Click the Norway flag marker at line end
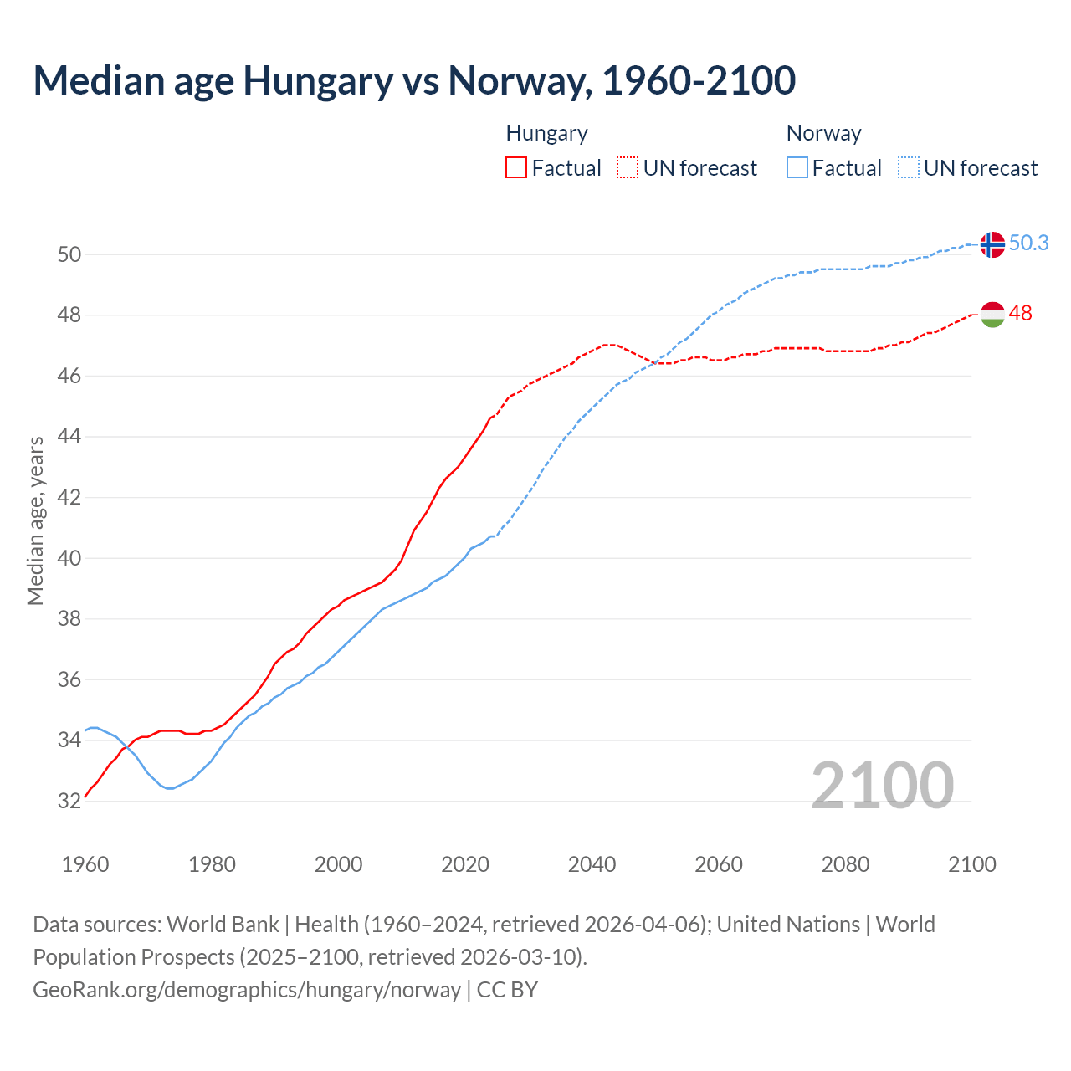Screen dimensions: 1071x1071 coord(992,244)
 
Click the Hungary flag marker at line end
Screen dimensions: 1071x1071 coord(992,315)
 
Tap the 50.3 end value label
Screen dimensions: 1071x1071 coord(1028,243)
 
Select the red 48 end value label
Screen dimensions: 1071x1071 coord(1020,313)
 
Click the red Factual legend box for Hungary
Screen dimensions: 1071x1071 coord(516,168)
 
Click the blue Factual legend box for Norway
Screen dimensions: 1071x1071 coord(797,168)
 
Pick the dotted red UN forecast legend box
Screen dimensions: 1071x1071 coord(628,168)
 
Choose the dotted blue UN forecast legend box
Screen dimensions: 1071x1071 coord(909,168)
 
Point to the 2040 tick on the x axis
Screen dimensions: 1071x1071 coord(592,864)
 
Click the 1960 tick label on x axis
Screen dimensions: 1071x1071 coord(85,864)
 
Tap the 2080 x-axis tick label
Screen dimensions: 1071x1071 coord(845,864)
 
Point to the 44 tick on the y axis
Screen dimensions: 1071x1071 coord(69,437)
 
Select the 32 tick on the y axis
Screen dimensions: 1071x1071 coord(69,801)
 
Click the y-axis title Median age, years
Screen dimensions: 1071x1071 coord(35,520)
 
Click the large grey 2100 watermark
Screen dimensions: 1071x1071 coord(882,785)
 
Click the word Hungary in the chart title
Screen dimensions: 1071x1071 coord(318,80)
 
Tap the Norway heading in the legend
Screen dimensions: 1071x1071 coord(823,133)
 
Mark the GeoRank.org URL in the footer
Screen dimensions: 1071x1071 coord(247,990)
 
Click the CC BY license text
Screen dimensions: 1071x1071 coord(507,990)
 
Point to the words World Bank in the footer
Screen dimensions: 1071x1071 coord(223,925)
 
